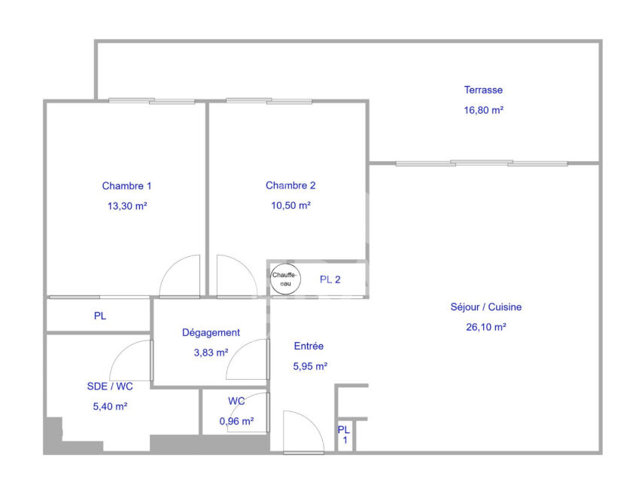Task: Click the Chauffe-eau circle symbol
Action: (286, 280)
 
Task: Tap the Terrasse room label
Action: (483, 90)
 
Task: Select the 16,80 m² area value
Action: (484, 110)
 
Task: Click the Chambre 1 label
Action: (126, 186)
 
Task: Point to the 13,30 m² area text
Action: (127, 206)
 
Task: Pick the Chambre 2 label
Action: (291, 185)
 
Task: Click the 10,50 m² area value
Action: (291, 206)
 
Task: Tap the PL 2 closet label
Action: (330, 280)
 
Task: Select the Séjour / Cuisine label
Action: (485, 307)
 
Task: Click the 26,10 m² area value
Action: (486, 327)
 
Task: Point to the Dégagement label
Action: (211, 333)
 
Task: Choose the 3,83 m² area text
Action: (211, 353)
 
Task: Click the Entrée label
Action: (309, 346)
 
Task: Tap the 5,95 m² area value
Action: (311, 366)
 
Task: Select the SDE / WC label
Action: (110, 386)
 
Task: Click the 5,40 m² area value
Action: (110, 406)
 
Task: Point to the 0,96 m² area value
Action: (237, 421)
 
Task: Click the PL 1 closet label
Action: (345, 435)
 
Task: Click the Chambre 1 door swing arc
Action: (170, 267)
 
